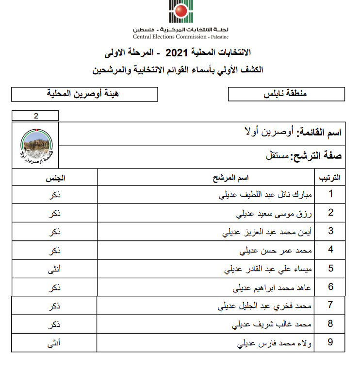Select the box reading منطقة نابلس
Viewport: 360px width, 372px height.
point(286,94)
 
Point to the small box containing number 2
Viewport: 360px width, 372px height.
point(35,116)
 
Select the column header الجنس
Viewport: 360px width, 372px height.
point(55,178)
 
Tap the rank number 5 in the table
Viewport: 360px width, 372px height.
point(330,269)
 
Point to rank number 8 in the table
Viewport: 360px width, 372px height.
point(330,324)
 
